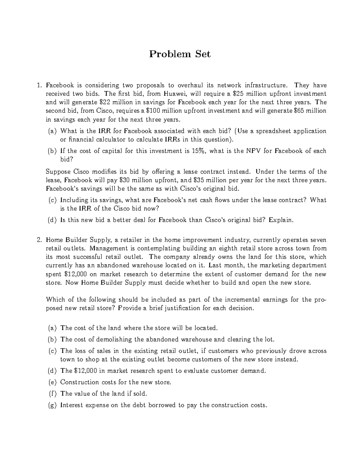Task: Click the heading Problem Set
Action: tap(180, 54)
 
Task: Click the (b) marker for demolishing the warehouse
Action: tap(52, 340)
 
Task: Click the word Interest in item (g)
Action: tap(72, 405)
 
